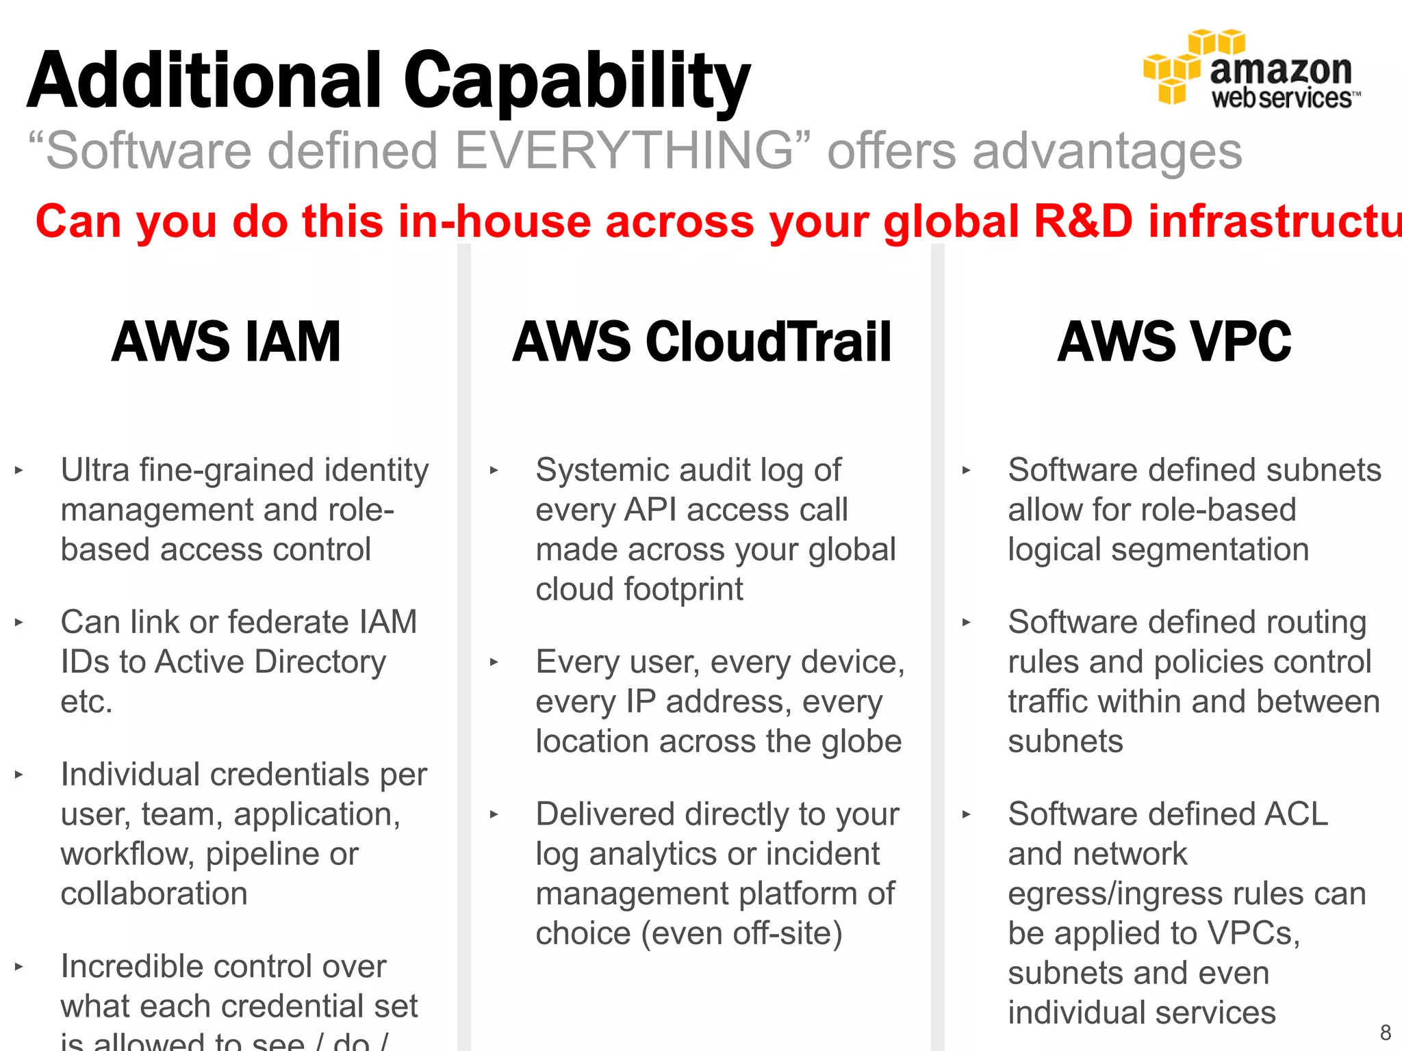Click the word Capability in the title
(x=576, y=82)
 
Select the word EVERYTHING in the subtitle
(x=623, y=151)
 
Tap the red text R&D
(x=1083, y=222)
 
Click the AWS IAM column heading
(x=226, y=341)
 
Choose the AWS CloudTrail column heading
(x=702, y=341)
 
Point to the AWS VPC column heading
(x=1173, y=341)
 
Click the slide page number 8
(x=1385, y=1032)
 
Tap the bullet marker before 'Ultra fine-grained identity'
(x=19, y=471)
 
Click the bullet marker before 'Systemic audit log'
(x=494, y=471)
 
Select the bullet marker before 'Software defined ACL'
(x=966, y=815)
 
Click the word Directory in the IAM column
(x=320, y=662)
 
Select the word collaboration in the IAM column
(x=154, y=894)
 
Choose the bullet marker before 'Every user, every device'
(x=494, y=662)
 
